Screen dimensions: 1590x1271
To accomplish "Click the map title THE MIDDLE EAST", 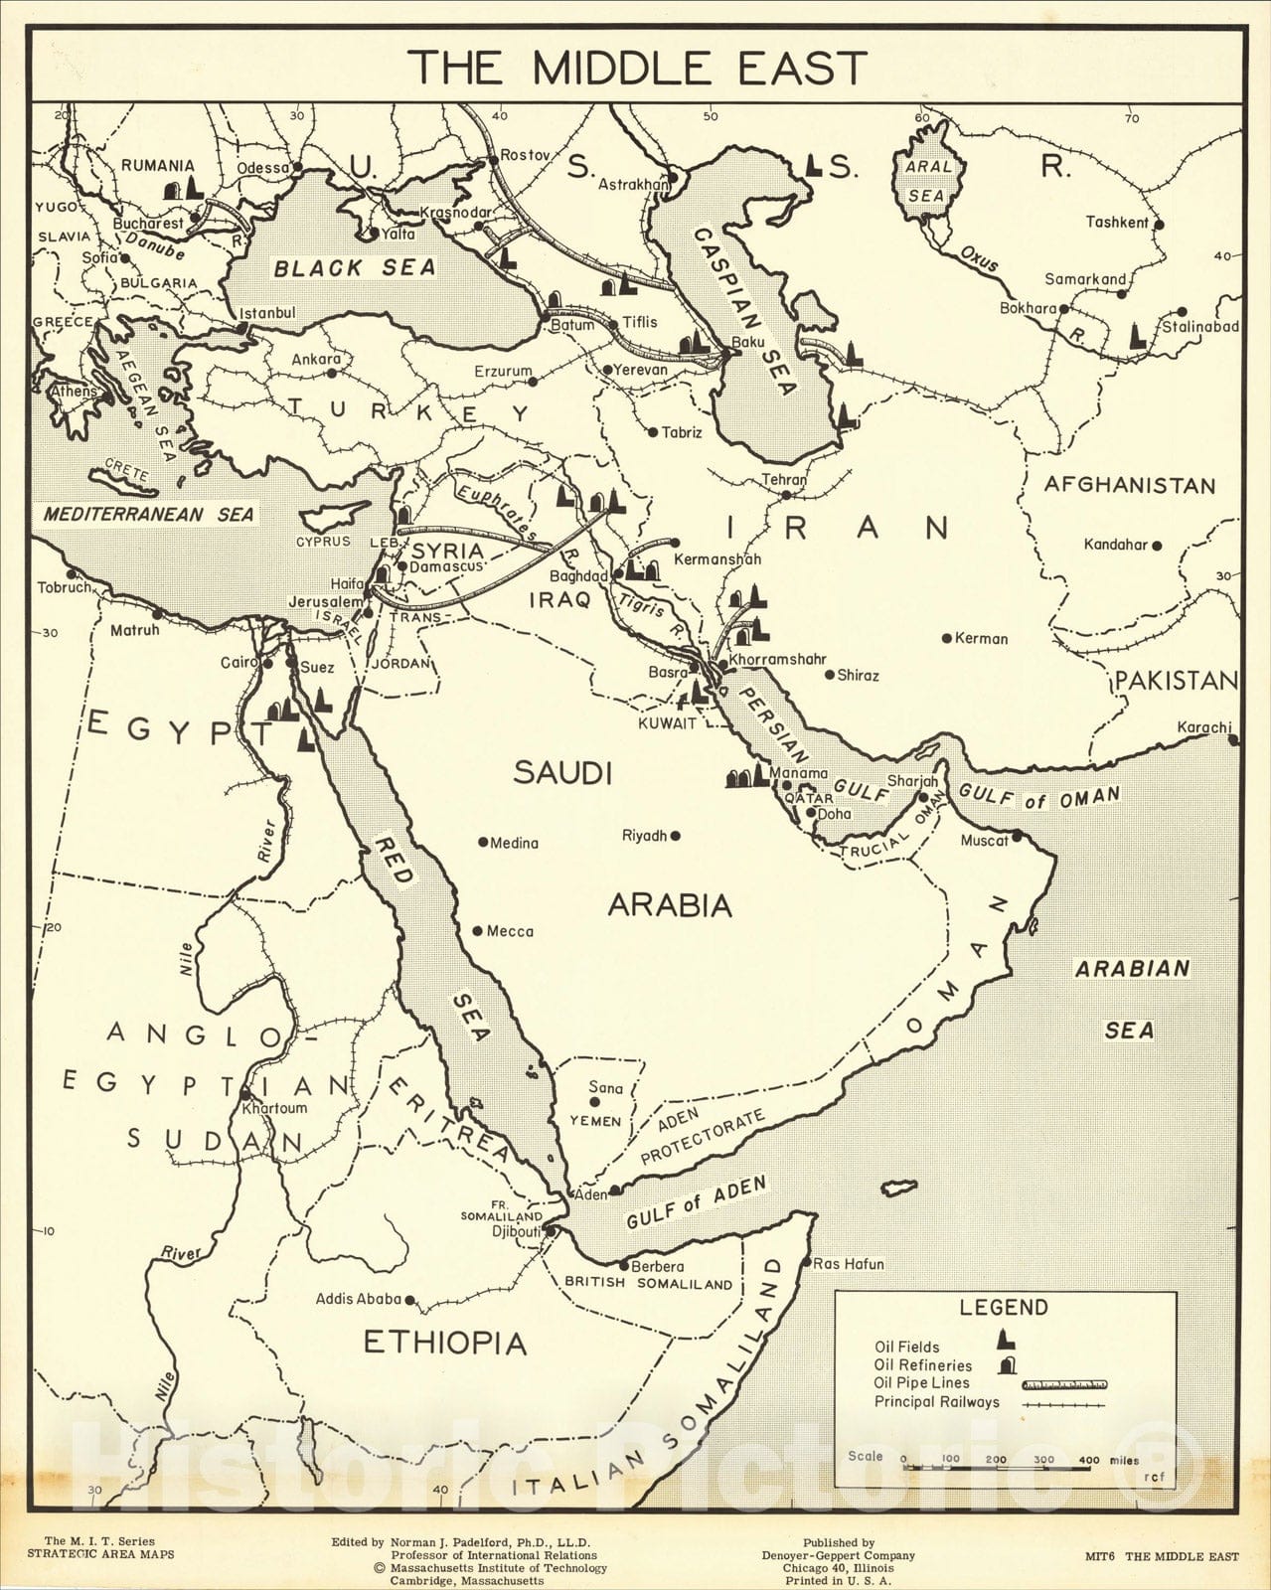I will [638, 68].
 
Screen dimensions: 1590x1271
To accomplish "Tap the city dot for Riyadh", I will [676, 836].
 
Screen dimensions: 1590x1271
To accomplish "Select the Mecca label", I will [509, 931].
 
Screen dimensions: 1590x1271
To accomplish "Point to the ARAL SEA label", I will [926, 181].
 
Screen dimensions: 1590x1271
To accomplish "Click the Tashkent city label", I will [1116, 223].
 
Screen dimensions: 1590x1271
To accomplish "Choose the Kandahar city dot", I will [1157, 545].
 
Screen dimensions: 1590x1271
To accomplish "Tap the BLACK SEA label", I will [355, 267].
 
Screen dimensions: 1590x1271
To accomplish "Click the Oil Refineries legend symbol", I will [1009, 1364].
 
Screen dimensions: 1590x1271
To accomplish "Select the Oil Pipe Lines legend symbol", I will [1063, 1383].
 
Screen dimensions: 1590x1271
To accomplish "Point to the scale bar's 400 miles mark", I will [1089, 1460].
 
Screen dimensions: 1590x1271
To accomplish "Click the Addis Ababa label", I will [358, 1299].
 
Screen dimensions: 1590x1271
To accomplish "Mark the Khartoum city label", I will [275, 1107].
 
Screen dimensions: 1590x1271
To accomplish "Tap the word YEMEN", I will [594, 1121].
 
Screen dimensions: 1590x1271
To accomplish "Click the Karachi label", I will [1203, 727].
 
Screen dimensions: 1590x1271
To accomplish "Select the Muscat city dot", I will [1017, 840].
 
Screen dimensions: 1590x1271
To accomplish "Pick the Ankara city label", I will [316, 360].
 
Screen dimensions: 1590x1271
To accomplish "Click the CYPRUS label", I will [323, 542].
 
